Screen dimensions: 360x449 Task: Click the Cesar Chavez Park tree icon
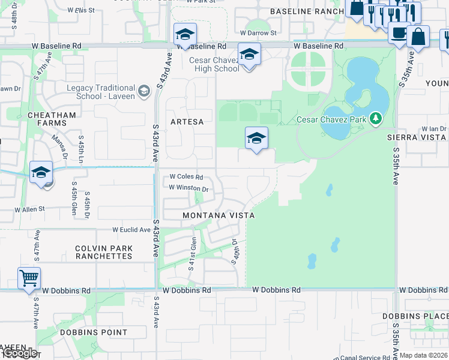pos(376,119)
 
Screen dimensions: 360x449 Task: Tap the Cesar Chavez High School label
pos(214,64)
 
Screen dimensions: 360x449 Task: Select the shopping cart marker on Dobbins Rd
pos(29,279)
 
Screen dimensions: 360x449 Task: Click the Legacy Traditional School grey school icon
pos(143,91)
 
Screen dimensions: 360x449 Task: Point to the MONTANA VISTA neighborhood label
pos(218,215)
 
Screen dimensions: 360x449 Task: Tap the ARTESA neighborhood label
pos(187,121)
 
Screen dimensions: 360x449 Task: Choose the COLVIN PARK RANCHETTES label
pos(103,252)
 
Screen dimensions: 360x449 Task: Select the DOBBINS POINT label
pos(93,332)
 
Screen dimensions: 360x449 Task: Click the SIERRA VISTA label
pos(417,137)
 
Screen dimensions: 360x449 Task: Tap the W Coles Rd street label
pos(186,177)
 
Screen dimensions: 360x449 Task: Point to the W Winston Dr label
pos(188,188)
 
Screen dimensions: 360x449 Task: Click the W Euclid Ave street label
pos(131,230)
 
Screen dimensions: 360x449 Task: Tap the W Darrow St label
pos(258,34)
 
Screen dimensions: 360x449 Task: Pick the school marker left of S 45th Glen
pos(41,173)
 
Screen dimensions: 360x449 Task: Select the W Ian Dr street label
pos(434,128)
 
